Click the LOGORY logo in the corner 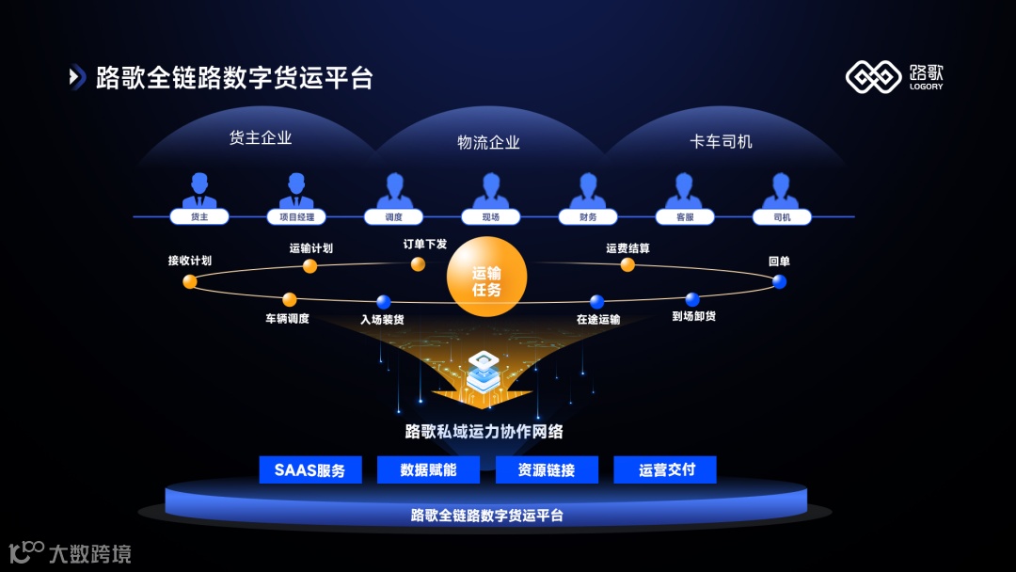click(x=894, y=77)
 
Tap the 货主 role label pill click(x=199, y=216)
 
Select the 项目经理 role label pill click(x=297, y=216)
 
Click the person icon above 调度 click(x=394, y=190)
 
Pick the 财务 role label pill click(x=589, y=216)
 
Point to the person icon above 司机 click(x=782, y=190)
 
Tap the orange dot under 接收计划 click(x=190, y=281)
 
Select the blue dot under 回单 click(x=779, y=281)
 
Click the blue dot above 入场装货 click(x=383, y=302)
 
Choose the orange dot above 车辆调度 click(x=290, y=300)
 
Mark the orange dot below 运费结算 click(x=627, y=265)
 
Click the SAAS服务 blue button click(x=310, y=469)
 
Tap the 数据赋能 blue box click(x=428, y=469)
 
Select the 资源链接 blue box click(x=547, y=469)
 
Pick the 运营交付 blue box click(x=665, y=469)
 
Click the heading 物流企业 click(x=488, y=142)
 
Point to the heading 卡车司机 click(x=721, y=141)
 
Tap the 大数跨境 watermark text click(x=89, y=553)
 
